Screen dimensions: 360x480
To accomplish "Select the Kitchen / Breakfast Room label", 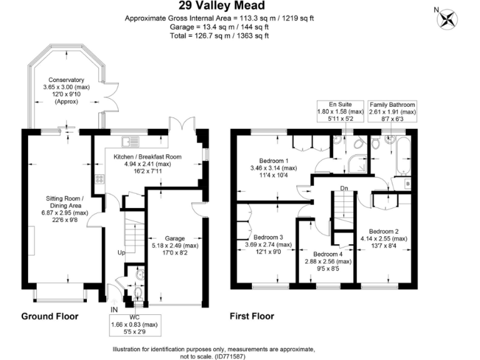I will (x=147, y=157).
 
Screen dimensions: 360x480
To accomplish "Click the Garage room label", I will (x=175, y=238).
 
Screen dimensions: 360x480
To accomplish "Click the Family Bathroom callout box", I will (x=392, y=111).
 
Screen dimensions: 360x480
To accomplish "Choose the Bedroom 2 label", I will (x=384, y=230).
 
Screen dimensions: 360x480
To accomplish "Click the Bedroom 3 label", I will (x=268, y=237).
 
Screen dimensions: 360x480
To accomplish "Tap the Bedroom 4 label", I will (x=325, y=254).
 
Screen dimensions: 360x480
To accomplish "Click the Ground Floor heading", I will (x=50, y=316).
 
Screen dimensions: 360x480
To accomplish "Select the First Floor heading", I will (x=252, y=316).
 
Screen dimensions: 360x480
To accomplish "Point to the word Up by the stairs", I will (x=121, y=252).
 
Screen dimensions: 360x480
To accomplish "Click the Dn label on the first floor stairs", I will (x=344, y=187).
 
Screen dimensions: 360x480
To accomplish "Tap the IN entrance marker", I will (x=114, y=309).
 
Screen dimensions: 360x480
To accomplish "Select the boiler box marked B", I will (x=407, y=184).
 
